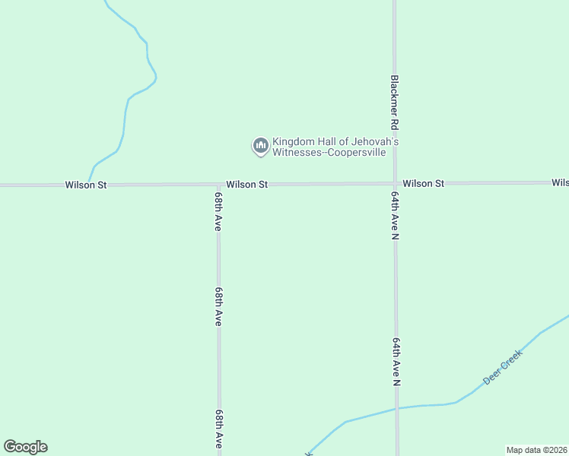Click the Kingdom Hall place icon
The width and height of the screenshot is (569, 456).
pyautogui.click(x=260, y=146)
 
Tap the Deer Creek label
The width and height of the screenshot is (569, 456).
pyautogui.click(x=503, y=368)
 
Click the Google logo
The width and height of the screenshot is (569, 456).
pyautogui.click(x=25, y=447)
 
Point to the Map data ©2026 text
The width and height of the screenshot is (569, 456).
pyautogui.click(x=536, y=450)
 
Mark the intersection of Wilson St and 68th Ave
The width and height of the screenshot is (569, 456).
pyautogui.click(x=218, y=184)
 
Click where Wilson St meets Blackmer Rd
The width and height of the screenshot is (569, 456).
pyautogui.click(x=395, y=183)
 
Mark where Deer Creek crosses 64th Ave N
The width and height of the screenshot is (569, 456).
pyautogui.click(x=396, y=409)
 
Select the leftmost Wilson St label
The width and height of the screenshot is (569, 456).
pyautogui.click(x=86, y=185)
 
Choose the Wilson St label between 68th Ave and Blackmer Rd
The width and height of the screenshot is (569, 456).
pyautogui.click(x=246, y=185)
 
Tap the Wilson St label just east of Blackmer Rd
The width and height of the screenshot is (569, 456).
pyautogui.click(x=423, y=184)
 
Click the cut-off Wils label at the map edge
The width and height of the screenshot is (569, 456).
pyautogui.click(x=560, y=183)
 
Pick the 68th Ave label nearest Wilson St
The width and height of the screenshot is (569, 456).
pyautogui.click(x=218, y=212)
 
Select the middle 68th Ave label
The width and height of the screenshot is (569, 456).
pyautogui.click(x=218, y=306)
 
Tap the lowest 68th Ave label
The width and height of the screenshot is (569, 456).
pyautogui.click(x=219, y=429)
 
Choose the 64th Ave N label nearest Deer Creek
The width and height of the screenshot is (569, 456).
pyautogui.click(x=396, y=362)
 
